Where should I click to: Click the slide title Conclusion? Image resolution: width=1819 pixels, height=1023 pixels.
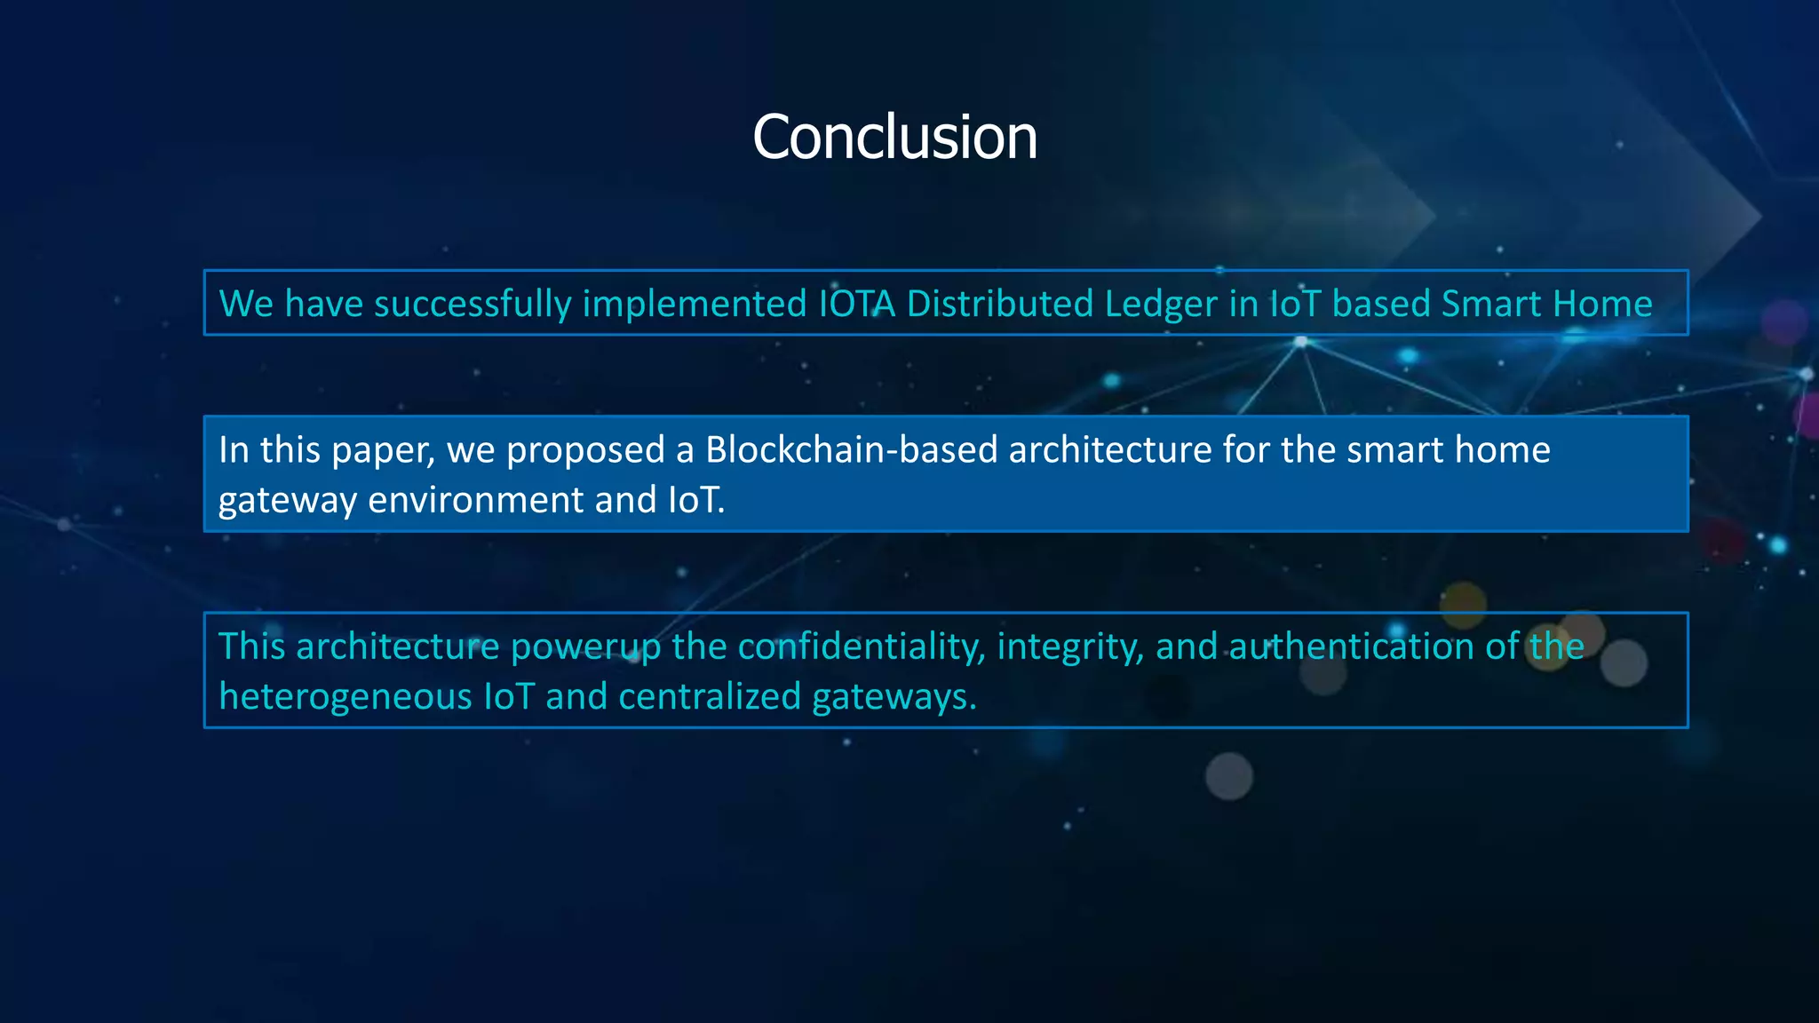[x=894, y=138]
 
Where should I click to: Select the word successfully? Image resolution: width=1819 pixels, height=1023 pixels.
[x=473, y=304]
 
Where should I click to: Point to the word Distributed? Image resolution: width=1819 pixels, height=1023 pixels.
[x=999, y=304]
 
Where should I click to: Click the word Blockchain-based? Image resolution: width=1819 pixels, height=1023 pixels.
[x=851, y=450]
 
